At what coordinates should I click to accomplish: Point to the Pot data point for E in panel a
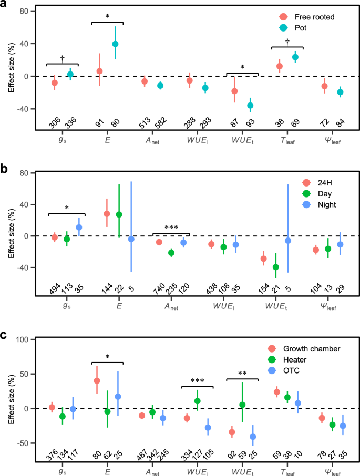pyautogui.click(x=115, y=44)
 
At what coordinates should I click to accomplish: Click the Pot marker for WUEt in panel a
pyautogui.click(x=250, y=105)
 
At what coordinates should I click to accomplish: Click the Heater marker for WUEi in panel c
pyautogui.click(x=198, y=401)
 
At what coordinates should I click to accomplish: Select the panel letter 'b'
pyautogui.click(x=5, y=169)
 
